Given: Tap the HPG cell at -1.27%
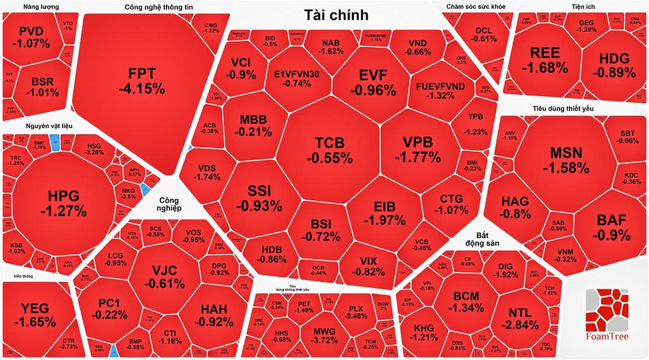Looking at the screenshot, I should [63, 203].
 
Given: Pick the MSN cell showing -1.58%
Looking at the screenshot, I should [565, 159].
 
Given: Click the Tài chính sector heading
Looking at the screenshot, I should [336, 15].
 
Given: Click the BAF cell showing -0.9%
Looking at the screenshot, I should [613, 227].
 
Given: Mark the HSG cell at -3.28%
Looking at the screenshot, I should [95, 149].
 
